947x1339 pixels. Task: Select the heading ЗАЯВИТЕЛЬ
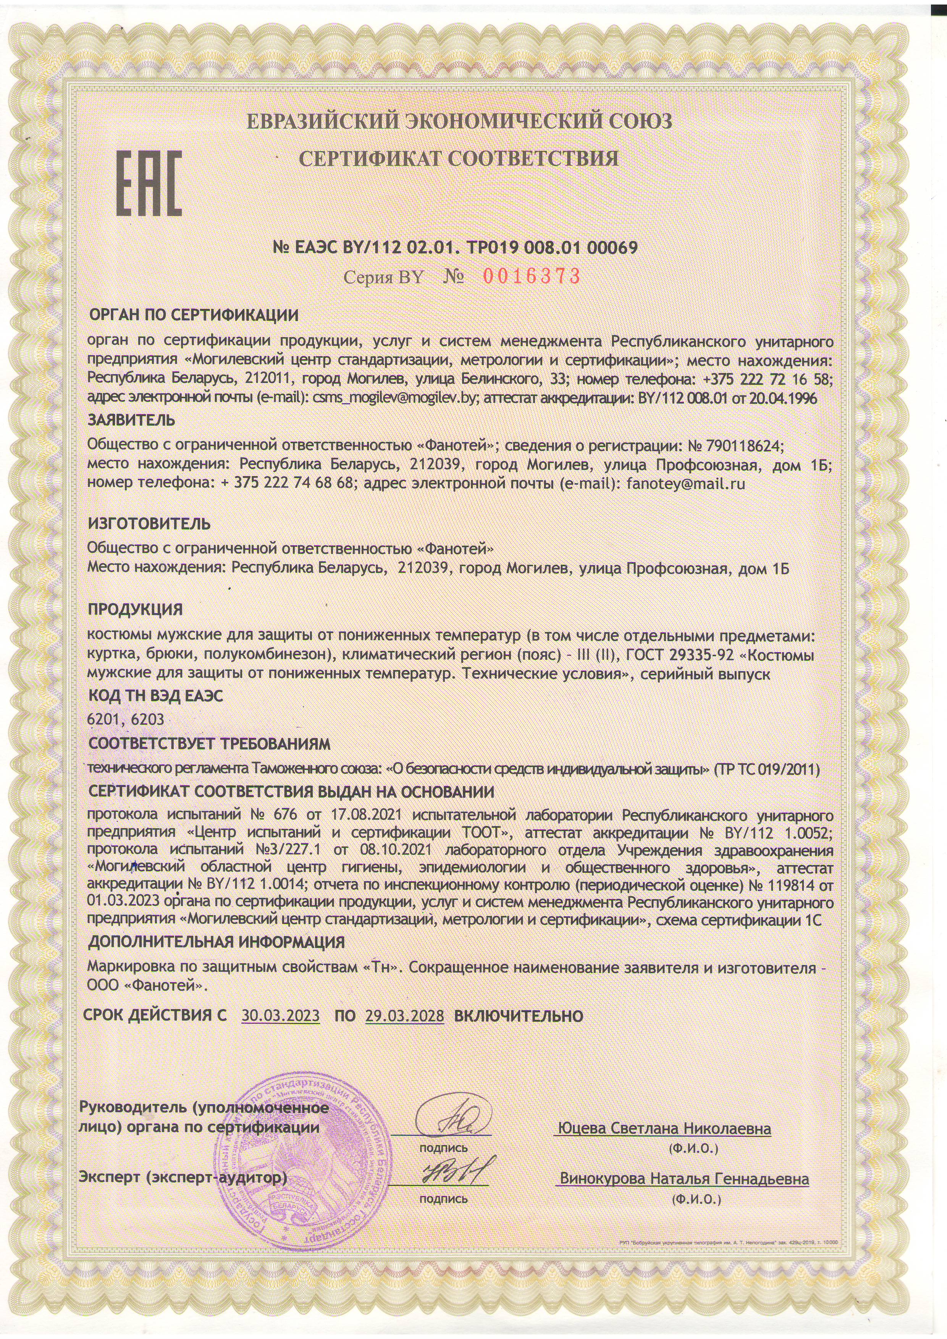(x=131, y=420)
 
